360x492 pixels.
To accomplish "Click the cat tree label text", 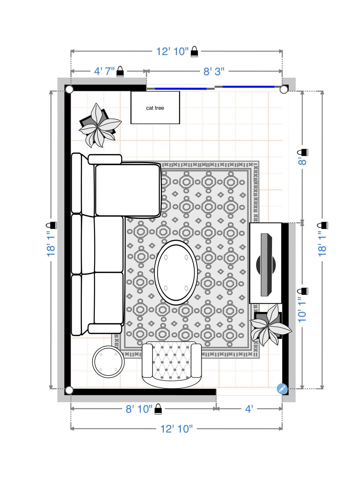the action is click(x=155, y=108).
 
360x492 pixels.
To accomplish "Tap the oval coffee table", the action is click(x=176, y=272).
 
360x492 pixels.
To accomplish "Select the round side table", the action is click(x=108, y=362).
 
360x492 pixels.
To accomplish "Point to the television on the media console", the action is click(x=266, y=265).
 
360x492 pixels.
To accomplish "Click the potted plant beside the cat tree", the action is click(x=99, y=125).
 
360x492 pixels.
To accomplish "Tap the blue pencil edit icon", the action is click(x=282, y=389).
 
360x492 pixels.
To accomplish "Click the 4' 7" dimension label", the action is click(x=104, y=71).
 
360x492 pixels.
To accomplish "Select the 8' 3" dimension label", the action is click(x=214, y=71).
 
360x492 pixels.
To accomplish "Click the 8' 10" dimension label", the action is click(x=139, y=409).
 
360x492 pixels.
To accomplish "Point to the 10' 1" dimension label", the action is click(x=302, y=310).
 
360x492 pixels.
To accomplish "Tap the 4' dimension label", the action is click(x=249, y=409).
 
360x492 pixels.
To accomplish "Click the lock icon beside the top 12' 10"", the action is click(x=194, y=52).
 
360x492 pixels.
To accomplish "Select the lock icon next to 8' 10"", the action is click(x=158, y=409).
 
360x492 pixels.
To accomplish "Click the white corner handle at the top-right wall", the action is click(x=284, y=89).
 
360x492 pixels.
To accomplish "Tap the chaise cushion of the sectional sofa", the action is click(x=127, y=190).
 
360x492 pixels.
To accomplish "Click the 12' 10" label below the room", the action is click(x=176, y=429).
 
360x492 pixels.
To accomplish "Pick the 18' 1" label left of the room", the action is click(x=51, y=243).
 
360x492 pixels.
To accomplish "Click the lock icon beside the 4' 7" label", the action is click(x=120, y=71).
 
